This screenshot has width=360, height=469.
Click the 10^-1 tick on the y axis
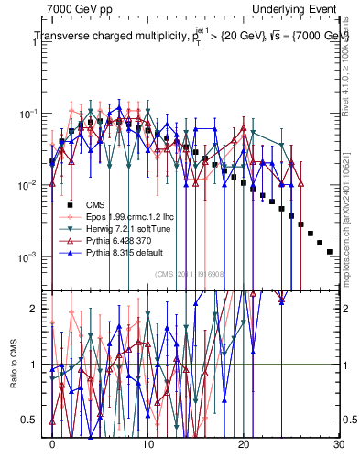[x=31, y=114]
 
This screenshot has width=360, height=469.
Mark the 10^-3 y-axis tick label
[x=31, y=256]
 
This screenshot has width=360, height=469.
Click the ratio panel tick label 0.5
[x=33, y=420]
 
